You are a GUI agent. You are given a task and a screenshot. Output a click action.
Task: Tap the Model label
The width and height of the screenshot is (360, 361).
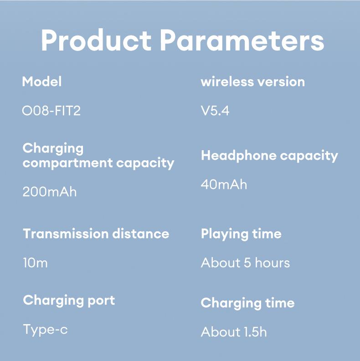pos(41,82)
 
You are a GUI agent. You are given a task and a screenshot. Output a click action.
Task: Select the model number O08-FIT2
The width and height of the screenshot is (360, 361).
pos(51,111)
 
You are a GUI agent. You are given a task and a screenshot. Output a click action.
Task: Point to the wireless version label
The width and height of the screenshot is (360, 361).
pos(252,82)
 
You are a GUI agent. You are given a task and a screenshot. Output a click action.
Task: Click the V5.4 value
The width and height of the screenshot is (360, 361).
pos(215,111)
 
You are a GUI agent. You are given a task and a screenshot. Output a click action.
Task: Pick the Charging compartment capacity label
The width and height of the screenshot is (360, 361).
pos(98,156)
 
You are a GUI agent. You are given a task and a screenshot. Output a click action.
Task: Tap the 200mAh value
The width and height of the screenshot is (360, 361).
pos(49,192)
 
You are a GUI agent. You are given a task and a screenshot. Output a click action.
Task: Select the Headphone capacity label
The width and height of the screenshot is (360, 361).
pos(269,156)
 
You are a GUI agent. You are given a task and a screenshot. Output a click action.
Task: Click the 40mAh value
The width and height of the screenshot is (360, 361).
pos(224,184)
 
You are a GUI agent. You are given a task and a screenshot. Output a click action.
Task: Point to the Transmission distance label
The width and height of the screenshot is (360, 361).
pos(96,234)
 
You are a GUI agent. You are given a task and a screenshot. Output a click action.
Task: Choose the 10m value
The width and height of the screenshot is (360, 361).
pos(35,263)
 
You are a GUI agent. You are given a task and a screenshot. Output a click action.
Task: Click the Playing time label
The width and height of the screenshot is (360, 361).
pos(241,234)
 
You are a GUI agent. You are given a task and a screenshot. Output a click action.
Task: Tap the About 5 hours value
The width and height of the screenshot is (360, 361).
pos(245,263)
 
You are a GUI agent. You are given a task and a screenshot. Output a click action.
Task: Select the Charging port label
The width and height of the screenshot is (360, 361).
pos(69,300)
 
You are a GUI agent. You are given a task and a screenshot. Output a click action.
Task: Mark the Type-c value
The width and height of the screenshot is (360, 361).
pos(45,329)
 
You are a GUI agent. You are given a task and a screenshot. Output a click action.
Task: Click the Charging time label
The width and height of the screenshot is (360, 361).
pos(247,303)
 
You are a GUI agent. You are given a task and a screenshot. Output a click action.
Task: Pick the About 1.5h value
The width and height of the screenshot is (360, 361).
pos(233,332)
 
